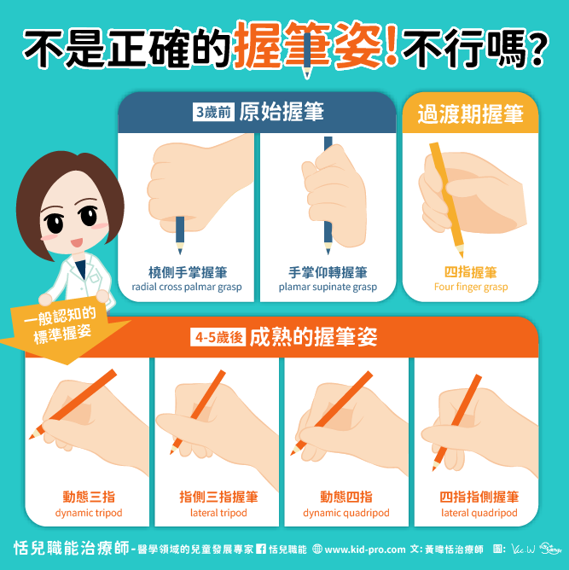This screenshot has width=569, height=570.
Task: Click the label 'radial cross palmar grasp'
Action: (x=186, y=288)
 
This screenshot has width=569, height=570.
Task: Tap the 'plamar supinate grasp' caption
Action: (x=328, y=288)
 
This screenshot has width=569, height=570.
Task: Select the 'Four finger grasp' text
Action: (x=471, y=288)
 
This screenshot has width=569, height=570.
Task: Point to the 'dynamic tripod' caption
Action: (x=89, y=513)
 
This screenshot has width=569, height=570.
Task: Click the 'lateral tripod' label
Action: (x=218, y=513)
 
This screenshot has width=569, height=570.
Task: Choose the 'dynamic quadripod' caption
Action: (x=346, y=513)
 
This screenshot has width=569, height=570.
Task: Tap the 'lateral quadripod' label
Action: (x=479, y=513)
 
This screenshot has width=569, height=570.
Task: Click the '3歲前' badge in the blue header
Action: (x=213, y=112)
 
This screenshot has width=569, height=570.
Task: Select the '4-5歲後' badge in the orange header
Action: (x=218, y=337)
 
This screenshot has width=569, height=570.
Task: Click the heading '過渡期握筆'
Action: (x=470, y=113)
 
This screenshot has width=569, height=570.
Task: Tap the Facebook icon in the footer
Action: (x=261, y=549)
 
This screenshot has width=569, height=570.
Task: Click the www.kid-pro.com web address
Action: (x=365, y=550)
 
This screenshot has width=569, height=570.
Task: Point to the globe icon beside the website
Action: (x=317, y=549)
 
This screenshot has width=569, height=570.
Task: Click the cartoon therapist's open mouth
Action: (x=77, y=242)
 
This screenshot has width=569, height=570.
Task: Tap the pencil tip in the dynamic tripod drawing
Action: (x=32, y=436)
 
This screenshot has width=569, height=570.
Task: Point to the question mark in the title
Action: (x=537, y=49)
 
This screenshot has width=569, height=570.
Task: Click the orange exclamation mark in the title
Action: (x=392, y=44)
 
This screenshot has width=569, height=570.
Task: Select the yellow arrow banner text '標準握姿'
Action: (x=62, y=334)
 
